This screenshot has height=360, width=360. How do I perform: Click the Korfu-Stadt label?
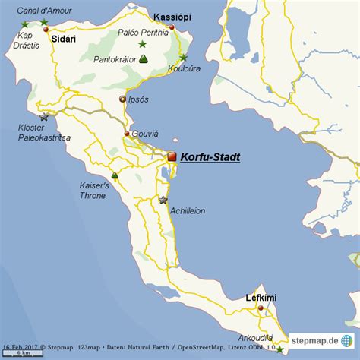pos(210,156)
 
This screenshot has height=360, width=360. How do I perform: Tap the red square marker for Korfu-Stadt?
pos(172,156)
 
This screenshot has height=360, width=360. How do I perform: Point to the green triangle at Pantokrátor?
pos(144,58)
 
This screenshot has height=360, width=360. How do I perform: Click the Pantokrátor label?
pos(115,58)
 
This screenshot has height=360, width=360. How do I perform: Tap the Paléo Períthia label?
pos(143,33)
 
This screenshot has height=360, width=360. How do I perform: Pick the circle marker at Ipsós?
pos(122,99)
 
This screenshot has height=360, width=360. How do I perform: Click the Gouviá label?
pos(144,133)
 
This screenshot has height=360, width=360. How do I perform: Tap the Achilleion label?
pos(188,211)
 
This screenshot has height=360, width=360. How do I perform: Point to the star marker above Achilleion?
pos(163,201)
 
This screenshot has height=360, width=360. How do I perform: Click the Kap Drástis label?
pos(26,40)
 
